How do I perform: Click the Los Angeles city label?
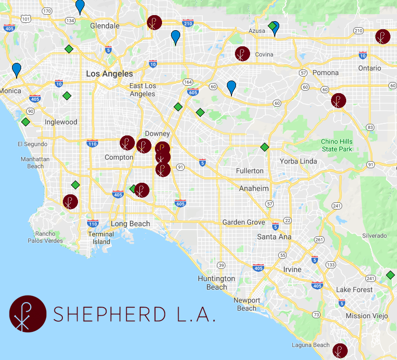click(110, 74)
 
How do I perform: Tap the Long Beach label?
click(130, 224)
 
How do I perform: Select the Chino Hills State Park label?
click(337, 146)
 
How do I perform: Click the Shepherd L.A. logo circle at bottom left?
click(28, 314)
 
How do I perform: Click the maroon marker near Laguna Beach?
click(340, 351)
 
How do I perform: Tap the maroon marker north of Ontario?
click(382, 37)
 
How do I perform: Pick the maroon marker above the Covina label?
click(243, 54)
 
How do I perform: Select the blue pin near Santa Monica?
click(17, 69)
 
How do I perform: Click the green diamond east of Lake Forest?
click(390, 275)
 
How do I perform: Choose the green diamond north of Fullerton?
click(264, 147)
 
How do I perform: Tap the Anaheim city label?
click(254, 188)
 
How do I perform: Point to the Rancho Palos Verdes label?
click(49, 237)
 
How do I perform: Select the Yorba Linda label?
click(298, 161)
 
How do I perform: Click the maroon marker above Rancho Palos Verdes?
click(70, 202)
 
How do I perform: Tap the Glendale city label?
click(105, 26)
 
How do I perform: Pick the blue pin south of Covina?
click(231, 87)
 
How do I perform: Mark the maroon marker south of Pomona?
click(339, 101)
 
